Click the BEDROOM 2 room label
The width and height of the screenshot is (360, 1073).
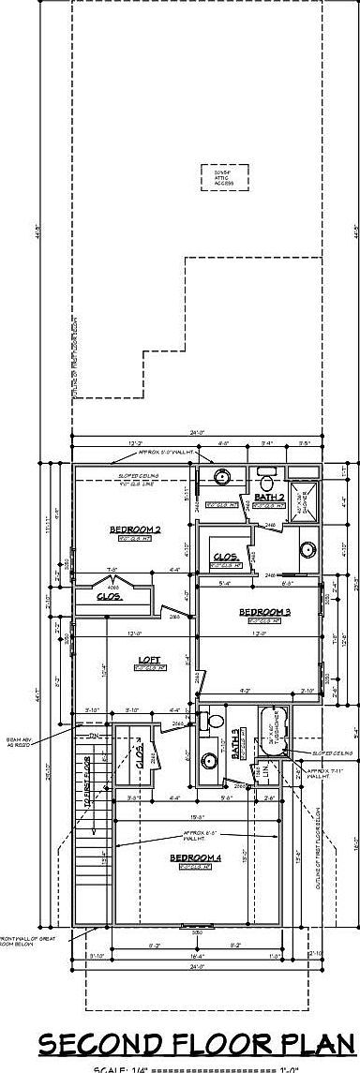coord(135,529)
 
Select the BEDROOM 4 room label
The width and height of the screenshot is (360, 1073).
coord(195,857)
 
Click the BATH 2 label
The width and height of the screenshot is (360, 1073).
coord(269,497)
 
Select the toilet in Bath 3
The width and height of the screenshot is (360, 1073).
coord(212,723)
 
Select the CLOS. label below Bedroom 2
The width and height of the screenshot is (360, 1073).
coord(110,595)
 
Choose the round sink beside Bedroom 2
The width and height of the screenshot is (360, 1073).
coord(222,476)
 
